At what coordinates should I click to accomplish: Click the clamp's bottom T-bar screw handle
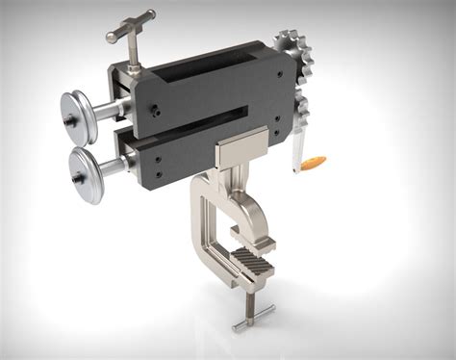252,315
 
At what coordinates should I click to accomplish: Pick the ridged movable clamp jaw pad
252,261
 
